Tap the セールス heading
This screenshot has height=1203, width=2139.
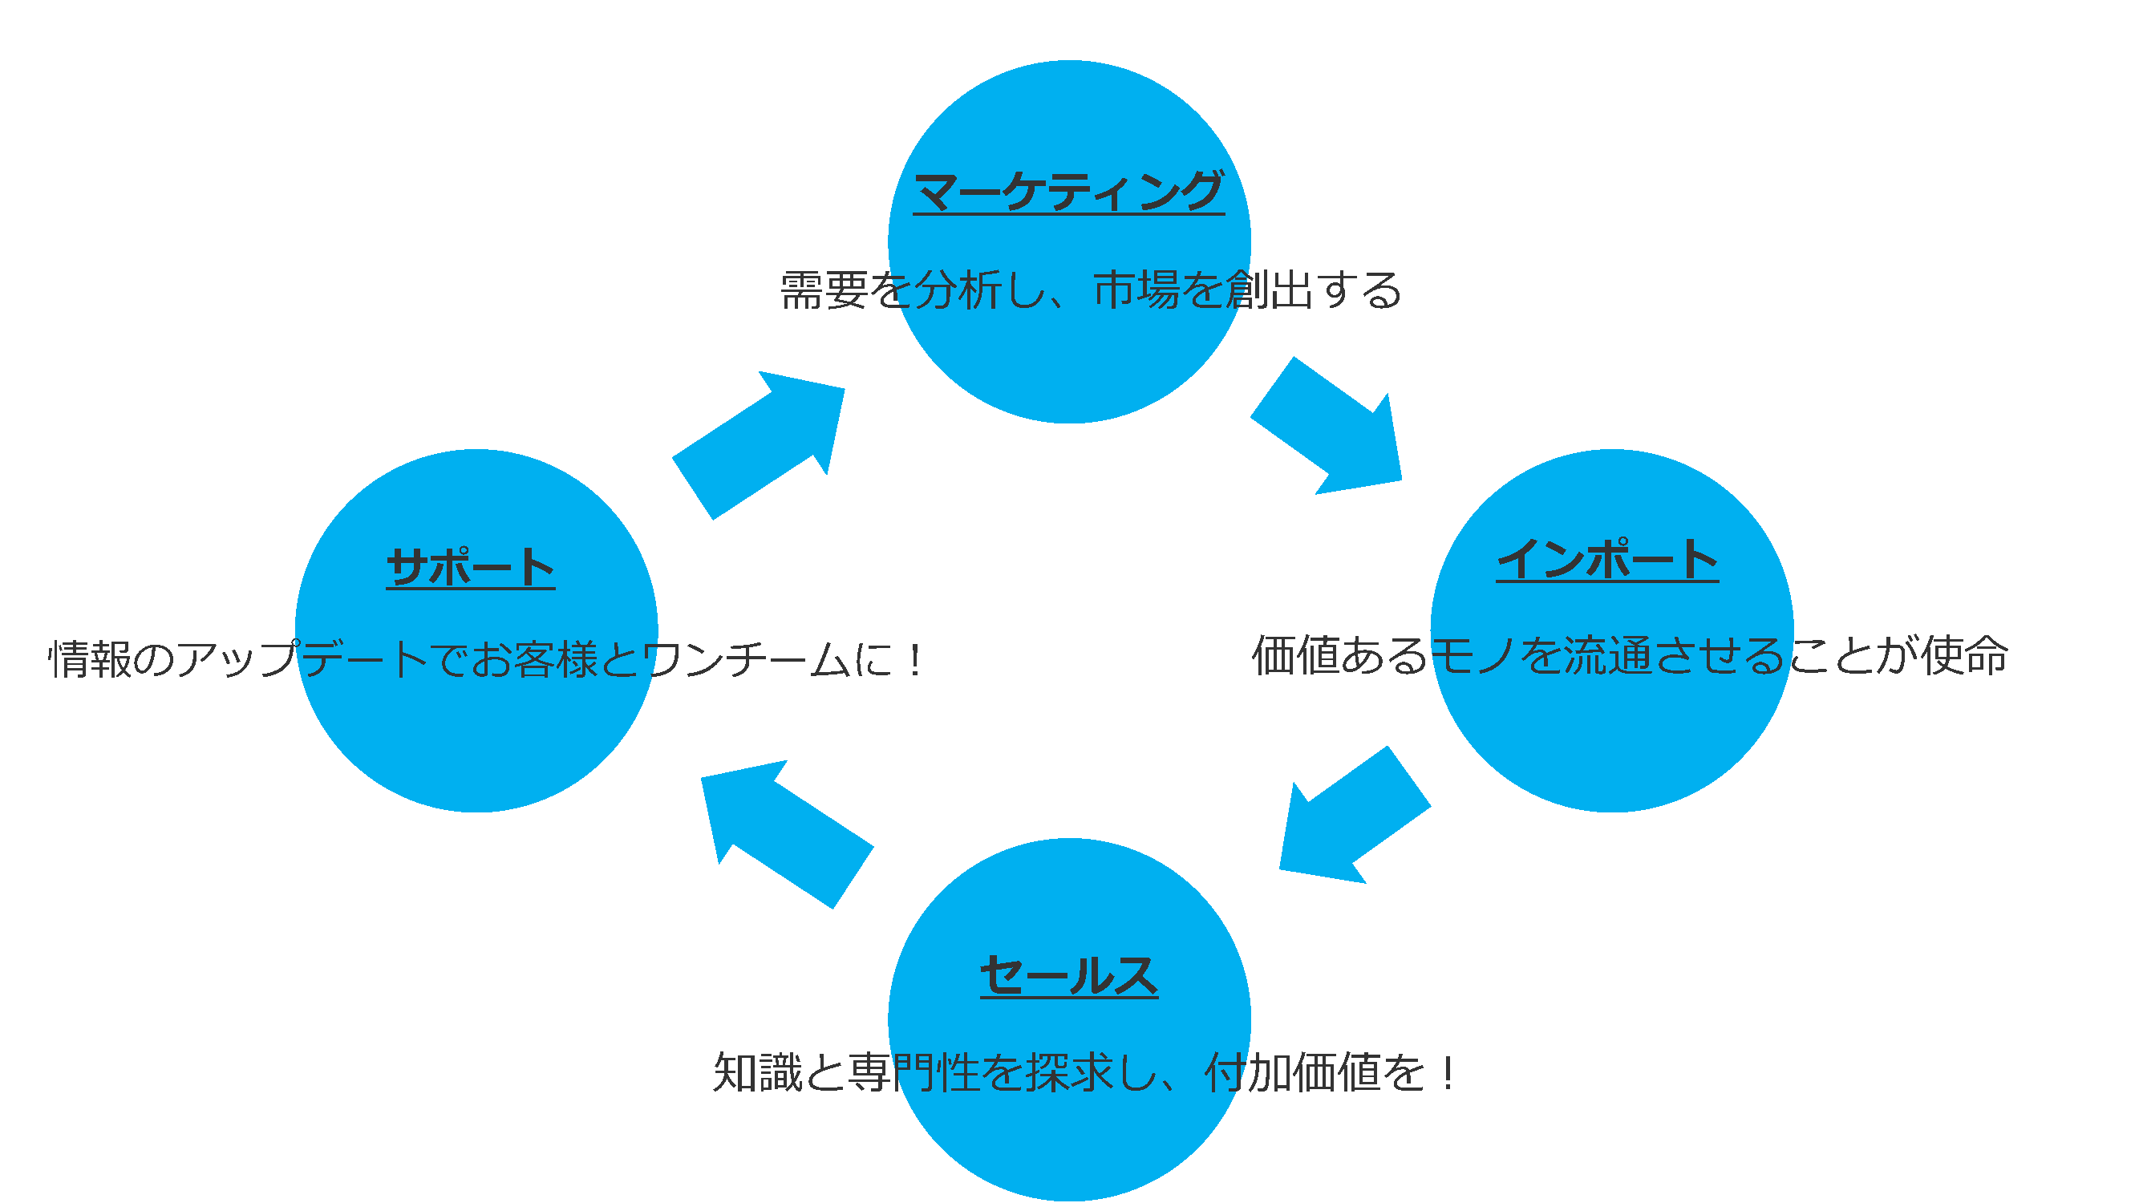pyautogui.click(x=1068, y=974)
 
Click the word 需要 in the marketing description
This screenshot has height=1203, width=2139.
pyautogui.click(x=824, y=290)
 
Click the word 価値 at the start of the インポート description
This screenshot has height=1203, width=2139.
pyautogui.click(x=1295, y=656)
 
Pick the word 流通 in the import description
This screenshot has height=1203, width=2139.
pyautogui.click(x=1607, y=656)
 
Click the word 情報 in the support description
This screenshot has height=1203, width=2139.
pyautogui.click(x=90, y=660)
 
